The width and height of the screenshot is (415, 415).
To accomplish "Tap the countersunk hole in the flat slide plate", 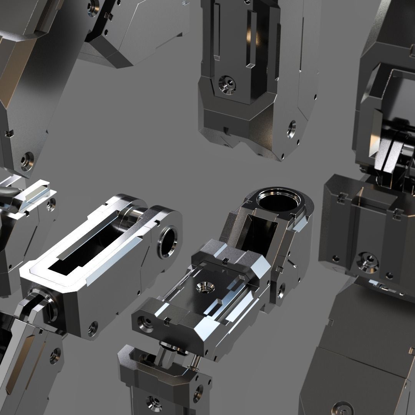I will pos(203,286).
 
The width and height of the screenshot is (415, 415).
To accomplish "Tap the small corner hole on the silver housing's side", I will pos(93,328).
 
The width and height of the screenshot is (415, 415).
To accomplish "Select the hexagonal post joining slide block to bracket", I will pos(169,355).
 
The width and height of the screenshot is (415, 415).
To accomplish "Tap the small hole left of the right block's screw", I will pos(336,258).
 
